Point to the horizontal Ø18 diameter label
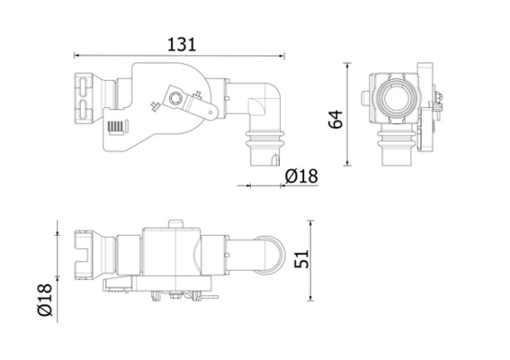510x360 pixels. point(300,177)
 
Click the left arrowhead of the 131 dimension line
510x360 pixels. point(75,54)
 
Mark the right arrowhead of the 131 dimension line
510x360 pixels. point(287,54)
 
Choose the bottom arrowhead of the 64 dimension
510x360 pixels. point(351,165)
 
